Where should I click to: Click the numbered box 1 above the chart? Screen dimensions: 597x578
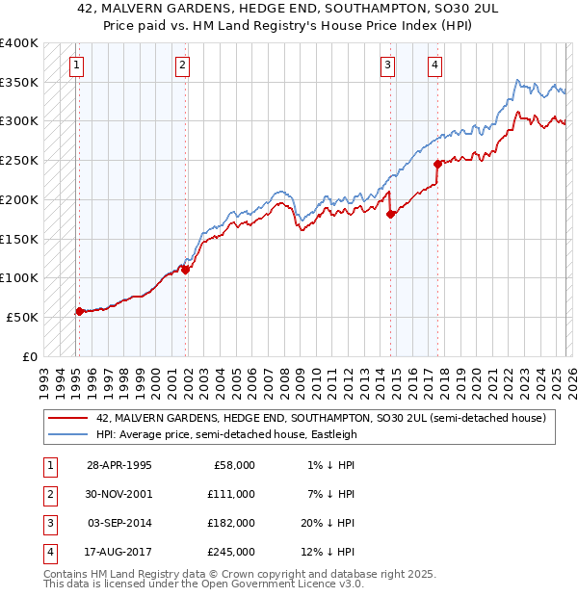(76, 65)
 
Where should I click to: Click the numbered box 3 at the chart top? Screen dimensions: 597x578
(387, 65)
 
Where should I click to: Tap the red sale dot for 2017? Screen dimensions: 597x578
(437, 164)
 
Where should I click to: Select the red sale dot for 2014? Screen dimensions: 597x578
(390, 214)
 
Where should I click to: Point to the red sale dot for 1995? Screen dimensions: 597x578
(79, 310)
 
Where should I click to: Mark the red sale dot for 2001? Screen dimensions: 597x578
(186, 270)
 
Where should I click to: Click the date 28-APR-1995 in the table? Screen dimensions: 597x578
(118, 465)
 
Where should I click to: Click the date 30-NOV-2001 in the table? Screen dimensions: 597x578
(118, 494)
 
